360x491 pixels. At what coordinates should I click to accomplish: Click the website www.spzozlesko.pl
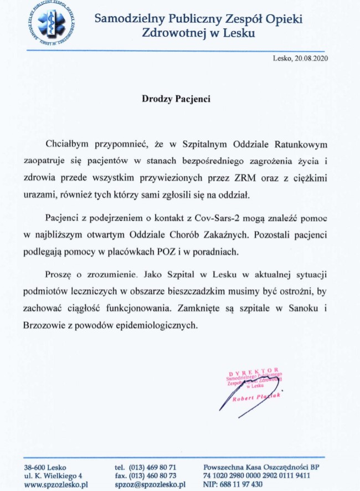click(x=56, y=484)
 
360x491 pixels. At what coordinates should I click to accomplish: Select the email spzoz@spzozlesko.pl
click(x=150, y=484)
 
